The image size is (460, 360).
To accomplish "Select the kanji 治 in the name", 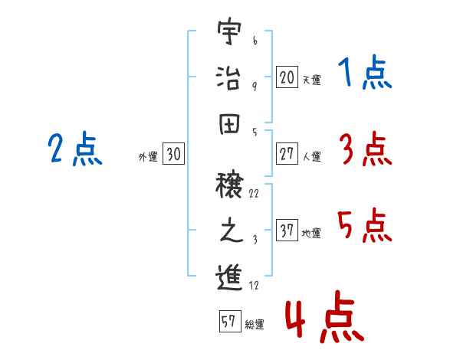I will pos(228,78).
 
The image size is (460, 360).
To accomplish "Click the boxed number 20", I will pos(286,77).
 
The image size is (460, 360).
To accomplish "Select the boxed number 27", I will pos(286,154).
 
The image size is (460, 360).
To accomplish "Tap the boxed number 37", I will pos(286,231).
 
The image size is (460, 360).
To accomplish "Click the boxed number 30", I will pos(173,154).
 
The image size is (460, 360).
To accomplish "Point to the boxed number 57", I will pos(228,322).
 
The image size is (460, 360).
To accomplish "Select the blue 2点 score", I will pos(74,149).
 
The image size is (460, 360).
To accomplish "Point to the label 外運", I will pos(147,157).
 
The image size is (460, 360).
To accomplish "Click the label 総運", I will pos(255,325).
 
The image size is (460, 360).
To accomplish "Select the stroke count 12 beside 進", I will pos(254,286).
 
